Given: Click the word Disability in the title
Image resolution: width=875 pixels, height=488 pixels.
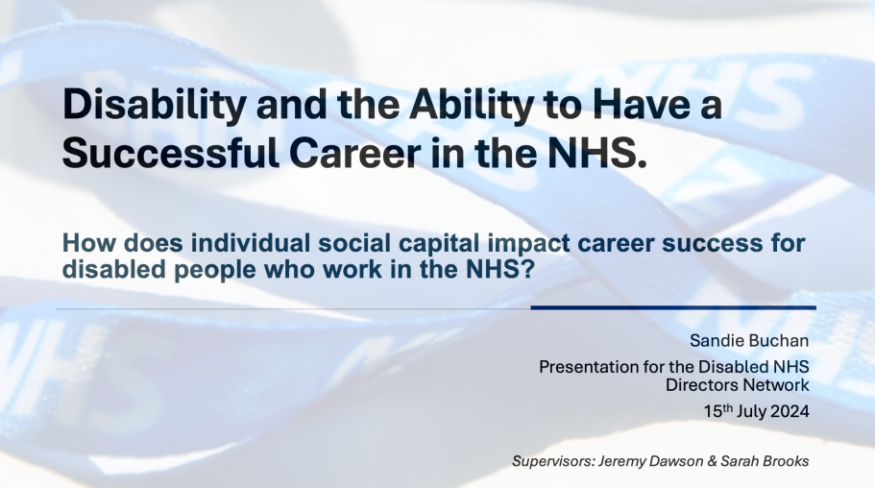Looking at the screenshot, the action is click(154, 106).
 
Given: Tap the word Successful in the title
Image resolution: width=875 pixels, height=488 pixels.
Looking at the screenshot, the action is click(171, 152).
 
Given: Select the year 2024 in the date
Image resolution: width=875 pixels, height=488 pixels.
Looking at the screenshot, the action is click(790, 411).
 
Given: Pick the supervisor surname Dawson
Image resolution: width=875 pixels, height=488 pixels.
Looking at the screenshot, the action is click(670, 461).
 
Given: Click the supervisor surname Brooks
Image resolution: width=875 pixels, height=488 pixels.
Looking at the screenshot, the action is click(785, 461).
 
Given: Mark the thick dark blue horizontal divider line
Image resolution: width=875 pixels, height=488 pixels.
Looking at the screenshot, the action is click(673, 307).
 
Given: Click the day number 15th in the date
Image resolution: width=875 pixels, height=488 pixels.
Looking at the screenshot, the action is click(717, 411).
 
